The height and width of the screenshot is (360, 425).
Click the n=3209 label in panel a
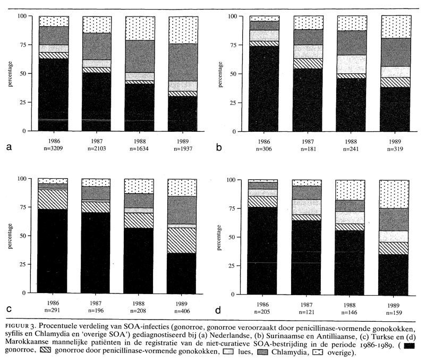click(x=54, y=149)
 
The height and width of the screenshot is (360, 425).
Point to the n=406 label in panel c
click(x=182, y=311)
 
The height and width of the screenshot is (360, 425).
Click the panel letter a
click(x=8, y=147)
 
